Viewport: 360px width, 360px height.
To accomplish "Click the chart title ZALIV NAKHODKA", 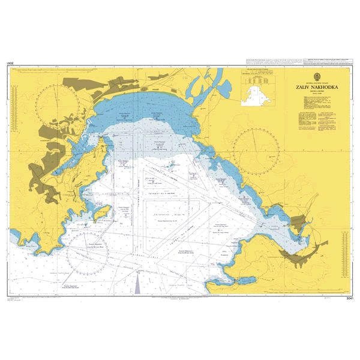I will [x=316, y=87].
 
